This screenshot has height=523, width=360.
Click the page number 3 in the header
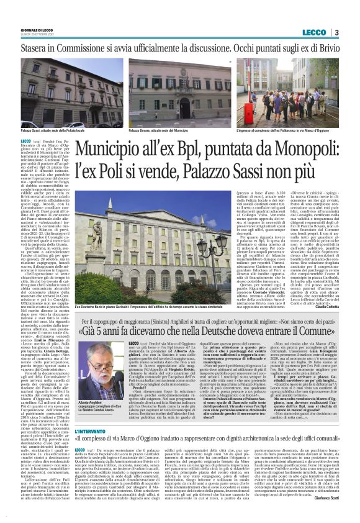[336, 32]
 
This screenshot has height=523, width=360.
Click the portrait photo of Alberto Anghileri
[99, 373]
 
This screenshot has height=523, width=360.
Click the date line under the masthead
[35, 35]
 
